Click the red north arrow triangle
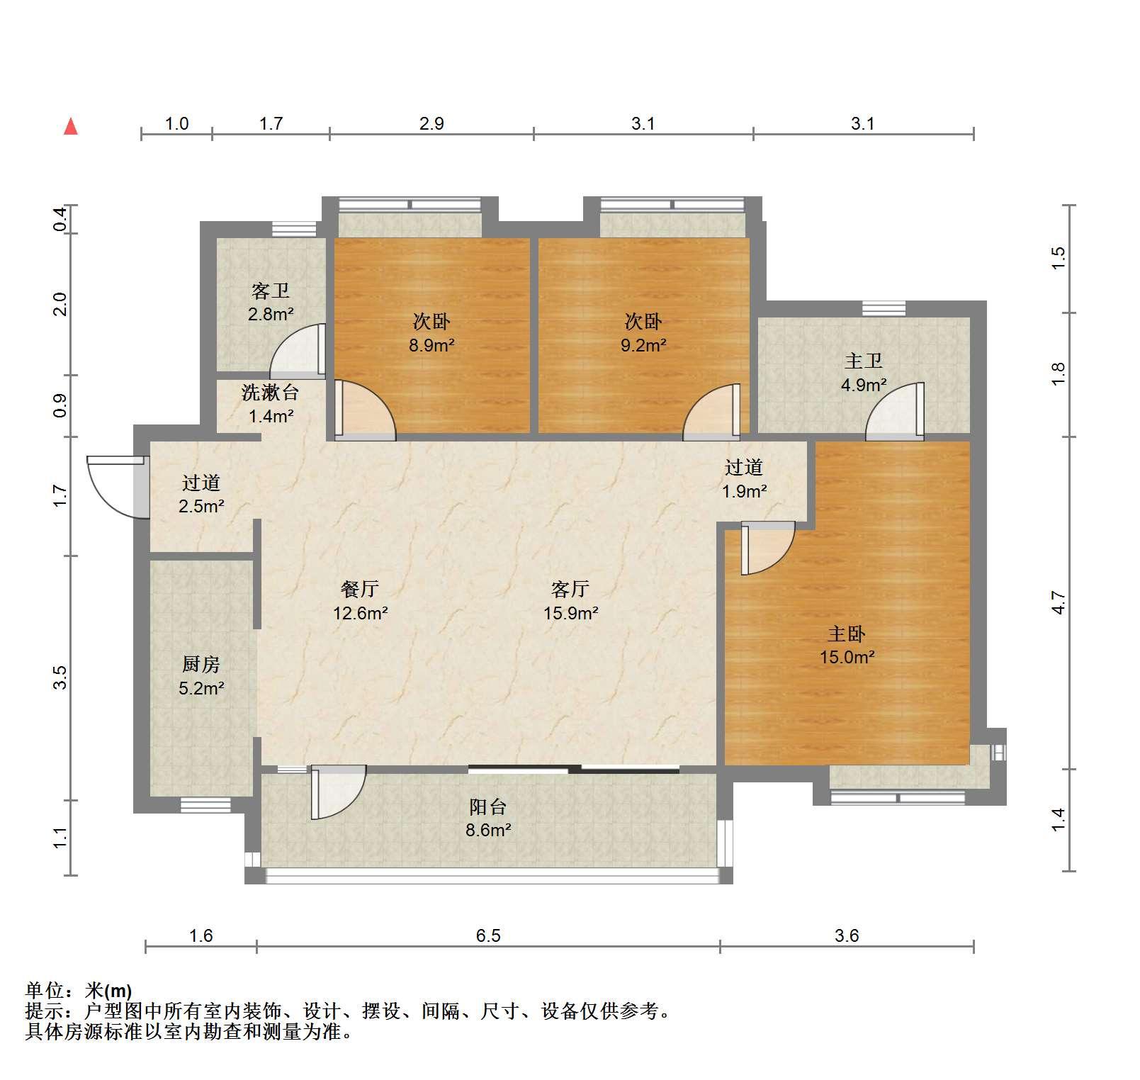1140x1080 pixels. tap(71, 126)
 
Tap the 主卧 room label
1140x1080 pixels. tap(847, 634)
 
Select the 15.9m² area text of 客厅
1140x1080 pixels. tap(571, 613)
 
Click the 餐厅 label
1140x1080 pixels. tap(360, 588)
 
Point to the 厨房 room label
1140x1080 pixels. tap(201, 664)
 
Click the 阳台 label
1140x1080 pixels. tap(488, 806)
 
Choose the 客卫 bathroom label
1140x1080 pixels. tap(271, 291)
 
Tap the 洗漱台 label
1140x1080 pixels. tap(271, 392)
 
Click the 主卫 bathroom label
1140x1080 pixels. tap(864, 361)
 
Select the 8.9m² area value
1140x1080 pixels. tap(431, 346)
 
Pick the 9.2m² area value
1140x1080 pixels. tap(643, 346)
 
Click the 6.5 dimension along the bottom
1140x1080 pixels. tap(488, 935)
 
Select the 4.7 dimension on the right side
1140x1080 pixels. tap(1058, 602)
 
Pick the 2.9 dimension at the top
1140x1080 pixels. tap(431, 123)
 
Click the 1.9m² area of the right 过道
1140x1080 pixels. tap(745, 491)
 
